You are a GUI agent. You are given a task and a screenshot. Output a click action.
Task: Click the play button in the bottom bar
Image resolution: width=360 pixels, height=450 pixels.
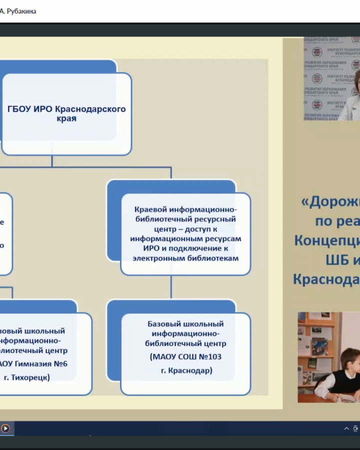click(5, 428)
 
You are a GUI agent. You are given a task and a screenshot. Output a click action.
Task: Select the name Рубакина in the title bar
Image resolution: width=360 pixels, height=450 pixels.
click(20, 11)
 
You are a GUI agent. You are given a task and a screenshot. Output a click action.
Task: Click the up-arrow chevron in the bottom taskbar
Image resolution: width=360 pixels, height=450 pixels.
click(346, 428)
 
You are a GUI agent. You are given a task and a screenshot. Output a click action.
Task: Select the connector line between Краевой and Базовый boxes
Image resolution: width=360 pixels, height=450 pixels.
click(171, 287)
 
